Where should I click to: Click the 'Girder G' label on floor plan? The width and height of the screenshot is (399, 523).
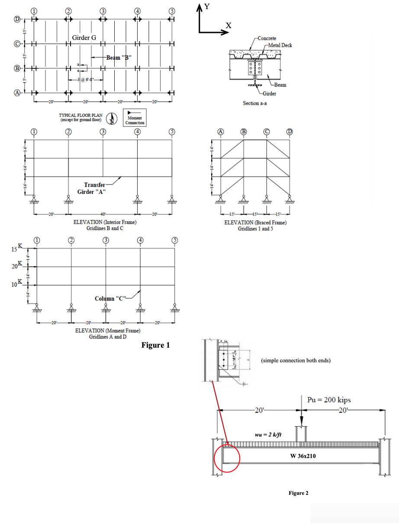pyautogui.click(x=84, y=38)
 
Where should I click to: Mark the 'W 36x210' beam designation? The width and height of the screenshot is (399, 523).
pyautogui.click(x=306, y=455)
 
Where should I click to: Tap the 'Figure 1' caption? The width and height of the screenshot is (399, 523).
pyautogui.click(x=156, y=345)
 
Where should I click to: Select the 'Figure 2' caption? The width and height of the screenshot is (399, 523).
pyautogui.click(x=299, y=493)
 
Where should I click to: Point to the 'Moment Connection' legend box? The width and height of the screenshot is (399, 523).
pyautogui.click(x=135, y=117)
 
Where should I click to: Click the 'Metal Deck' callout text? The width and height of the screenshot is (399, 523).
pyautogui.click(x=280, y=45)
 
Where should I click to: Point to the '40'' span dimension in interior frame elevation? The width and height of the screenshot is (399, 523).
pyautogui.click(x=103, y=214)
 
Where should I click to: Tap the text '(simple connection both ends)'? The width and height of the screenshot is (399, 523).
pyautogui.click(x=296, y=360)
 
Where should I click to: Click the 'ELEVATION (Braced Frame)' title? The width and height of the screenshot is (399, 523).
pyautogui.click(x=255, y=223)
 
